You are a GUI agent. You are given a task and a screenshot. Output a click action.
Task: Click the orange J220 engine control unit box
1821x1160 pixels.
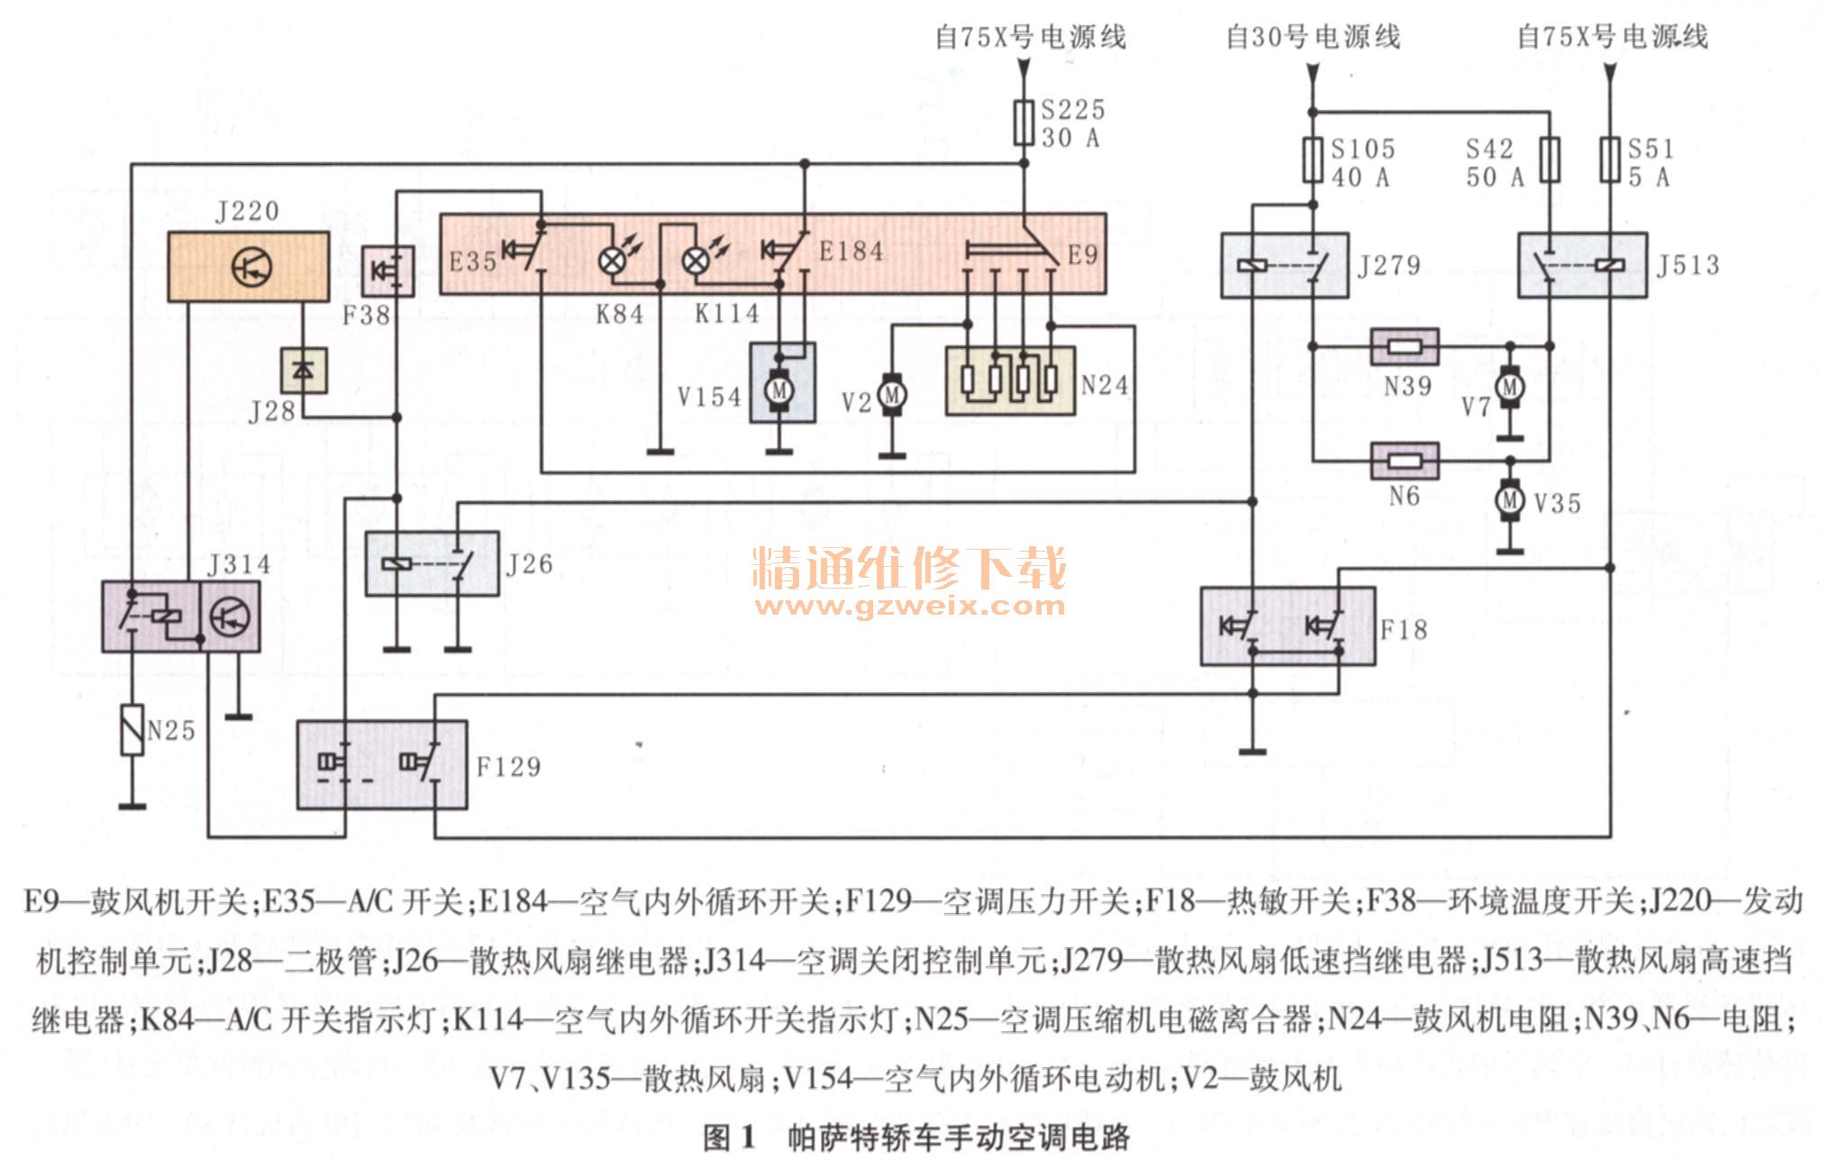tap(248, 266)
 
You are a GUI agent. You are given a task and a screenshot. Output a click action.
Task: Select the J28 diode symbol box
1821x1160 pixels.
tap(304, 370)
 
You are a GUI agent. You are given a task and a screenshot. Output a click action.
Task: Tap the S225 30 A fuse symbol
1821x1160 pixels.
tap(1024, 123)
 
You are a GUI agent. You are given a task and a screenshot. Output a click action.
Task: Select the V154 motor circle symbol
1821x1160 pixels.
tap(779, 390)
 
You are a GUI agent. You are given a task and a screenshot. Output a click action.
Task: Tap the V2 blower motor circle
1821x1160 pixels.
tap(892, 395)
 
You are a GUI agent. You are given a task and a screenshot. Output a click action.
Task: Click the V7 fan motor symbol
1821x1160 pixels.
tap(1510, 388)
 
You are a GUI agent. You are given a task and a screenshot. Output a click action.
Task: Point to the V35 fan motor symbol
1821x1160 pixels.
tap(1510, 500)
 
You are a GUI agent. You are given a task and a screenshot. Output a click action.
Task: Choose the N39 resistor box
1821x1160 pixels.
tap(1404, 346)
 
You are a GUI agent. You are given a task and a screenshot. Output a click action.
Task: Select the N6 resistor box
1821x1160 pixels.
tap(1404, 461)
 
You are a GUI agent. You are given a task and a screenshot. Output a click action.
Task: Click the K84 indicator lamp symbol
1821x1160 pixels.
tap(613, 261)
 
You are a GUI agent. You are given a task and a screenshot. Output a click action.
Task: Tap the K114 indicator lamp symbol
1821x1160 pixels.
tap(695, 261)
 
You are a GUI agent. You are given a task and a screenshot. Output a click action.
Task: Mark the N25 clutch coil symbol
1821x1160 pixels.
tap(132, 730)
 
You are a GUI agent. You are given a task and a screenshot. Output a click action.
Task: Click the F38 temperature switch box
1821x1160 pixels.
tap(388, 270)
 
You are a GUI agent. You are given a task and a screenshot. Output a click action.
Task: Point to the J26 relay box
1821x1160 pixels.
tap(432, 564)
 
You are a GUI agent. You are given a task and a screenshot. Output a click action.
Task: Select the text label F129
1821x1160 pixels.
tap(508, 767)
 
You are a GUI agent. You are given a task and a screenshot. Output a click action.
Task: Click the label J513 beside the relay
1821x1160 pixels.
tap(1688, 265)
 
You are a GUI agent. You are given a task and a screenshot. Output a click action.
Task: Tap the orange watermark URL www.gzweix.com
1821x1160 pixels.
tap(910, 606)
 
